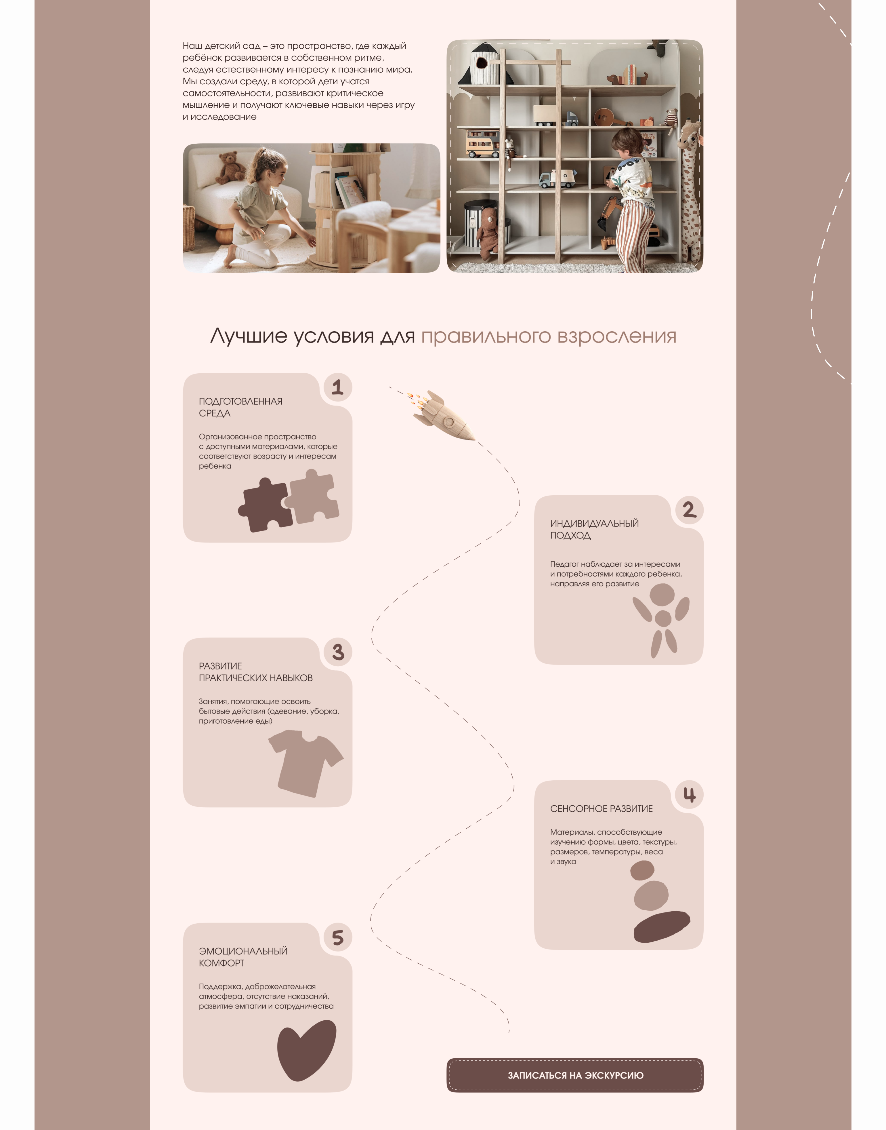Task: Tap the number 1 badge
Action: point(338,387)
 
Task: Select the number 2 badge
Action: point(690,510)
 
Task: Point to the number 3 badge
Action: point(338,652)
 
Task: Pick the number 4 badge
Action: point(690,795)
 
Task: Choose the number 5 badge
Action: point(338,937)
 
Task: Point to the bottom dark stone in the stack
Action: point(662,927)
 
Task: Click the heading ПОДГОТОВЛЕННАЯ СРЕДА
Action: point(241,408)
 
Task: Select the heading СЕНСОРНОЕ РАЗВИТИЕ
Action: point(601,809)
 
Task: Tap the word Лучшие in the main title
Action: point(249,336)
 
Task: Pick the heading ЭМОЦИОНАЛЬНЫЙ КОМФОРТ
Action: point(243,957)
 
